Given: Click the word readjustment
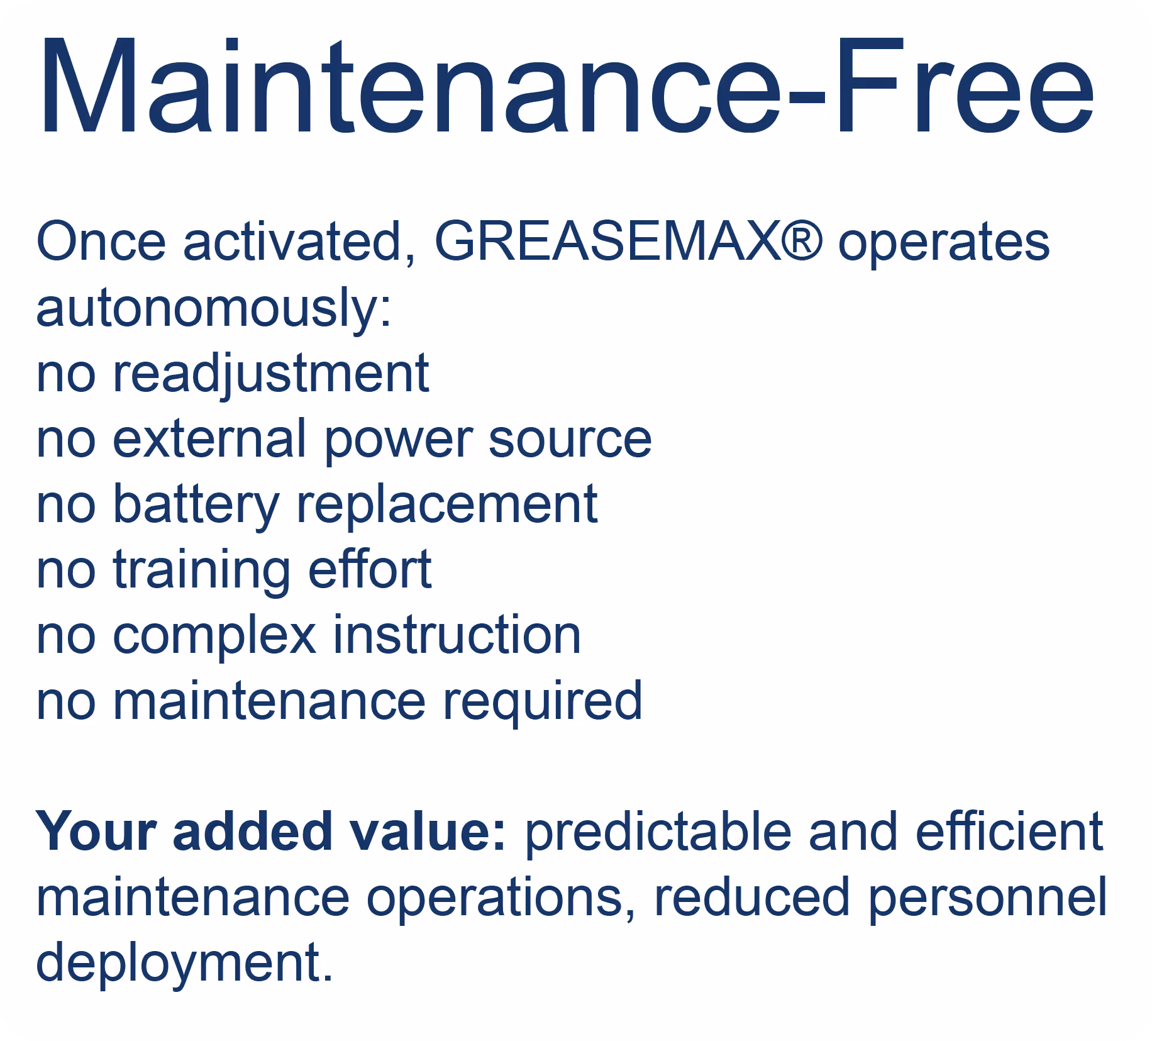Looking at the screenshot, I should pos(270,374).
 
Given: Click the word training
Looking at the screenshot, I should pos(201,571).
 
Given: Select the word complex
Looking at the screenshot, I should pos(214,637).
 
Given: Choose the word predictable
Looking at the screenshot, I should pos(658,832).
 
